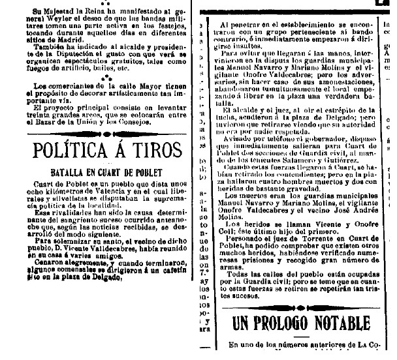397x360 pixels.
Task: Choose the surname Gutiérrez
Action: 357,160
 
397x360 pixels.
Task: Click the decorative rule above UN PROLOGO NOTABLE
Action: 300,307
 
